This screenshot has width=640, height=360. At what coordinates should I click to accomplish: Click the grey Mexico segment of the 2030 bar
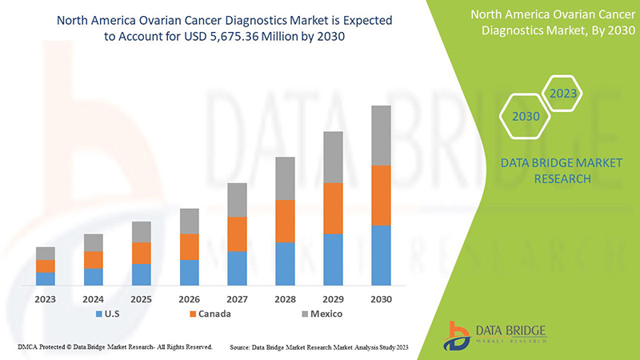pyautogui.click(x=382, y=135)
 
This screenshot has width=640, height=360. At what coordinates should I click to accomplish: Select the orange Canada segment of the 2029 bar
pyautogui.click(x=334, y=208)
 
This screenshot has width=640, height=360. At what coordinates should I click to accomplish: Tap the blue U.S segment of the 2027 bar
pyautogui.click(x=238, y=268)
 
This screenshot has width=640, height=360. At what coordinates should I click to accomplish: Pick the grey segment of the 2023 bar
pyautogui.click(x=46, y=253)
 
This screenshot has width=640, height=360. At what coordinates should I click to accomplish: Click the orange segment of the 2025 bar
pyautogui.click(x=142, y=253)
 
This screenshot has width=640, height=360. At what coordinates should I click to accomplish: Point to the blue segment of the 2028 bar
pyautogui.click(x=286, y=263)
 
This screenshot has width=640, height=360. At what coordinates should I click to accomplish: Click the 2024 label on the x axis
pyautogui.click(x=94, y=298)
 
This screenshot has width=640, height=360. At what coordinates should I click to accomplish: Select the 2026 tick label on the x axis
pyautogui.click(x=190, y=298)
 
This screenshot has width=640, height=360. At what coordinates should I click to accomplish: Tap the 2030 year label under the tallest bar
pyautogui.click(x=382, y=298)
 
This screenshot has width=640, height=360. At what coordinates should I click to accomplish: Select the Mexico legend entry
pyautogui.click(x=319, y=314)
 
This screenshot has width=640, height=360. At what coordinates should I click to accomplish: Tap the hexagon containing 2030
pyautogui.click(x=526, y=117)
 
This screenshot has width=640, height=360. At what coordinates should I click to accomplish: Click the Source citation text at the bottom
pyautogui.click(x=319, y=347)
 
